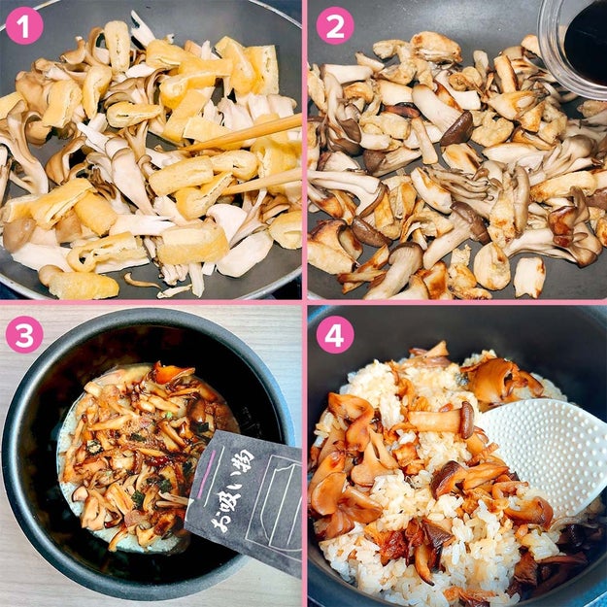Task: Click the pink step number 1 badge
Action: point(24,25)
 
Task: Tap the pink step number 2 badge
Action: point(335,25)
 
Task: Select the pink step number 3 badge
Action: point(24,334)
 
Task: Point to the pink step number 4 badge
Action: point(335,334)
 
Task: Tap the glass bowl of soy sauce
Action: point(573,47)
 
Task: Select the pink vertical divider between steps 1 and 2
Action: point(305,151)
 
